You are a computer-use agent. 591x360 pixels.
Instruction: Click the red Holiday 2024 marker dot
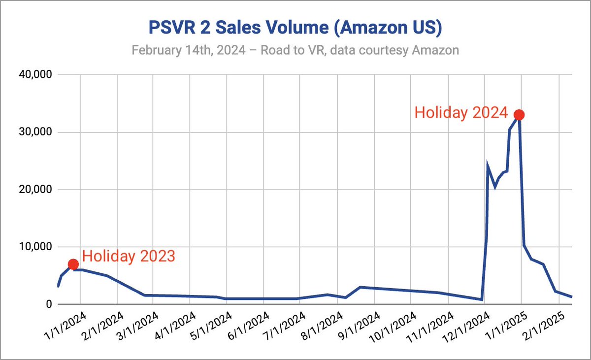click(x=519, y=115)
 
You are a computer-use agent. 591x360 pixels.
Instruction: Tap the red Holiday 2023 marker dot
click(x=73, y=264)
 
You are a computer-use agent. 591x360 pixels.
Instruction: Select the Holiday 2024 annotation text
click(x=460, y=113)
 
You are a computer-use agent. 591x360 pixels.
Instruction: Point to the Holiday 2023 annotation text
click(x=129, y=257)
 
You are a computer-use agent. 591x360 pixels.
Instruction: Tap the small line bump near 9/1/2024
click(x=361, y=287)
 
